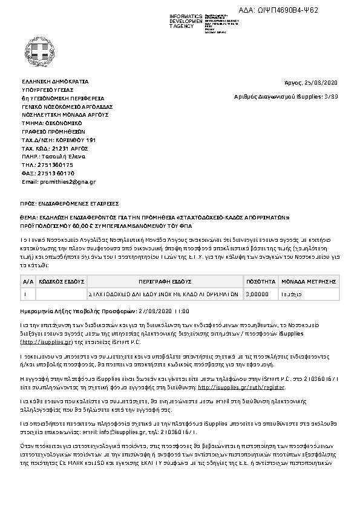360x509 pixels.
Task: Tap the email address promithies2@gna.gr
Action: click(59, 181)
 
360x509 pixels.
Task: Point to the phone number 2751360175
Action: click(55, 164)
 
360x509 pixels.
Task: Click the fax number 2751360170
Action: click(56, 173)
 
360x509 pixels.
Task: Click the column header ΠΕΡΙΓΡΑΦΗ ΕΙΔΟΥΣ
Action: click(165, 282)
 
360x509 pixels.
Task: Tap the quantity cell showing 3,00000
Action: click(259, 293)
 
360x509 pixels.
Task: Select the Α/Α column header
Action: click(28, 282)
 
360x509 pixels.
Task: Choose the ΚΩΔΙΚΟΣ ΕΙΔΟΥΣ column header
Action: click(61, 282)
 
